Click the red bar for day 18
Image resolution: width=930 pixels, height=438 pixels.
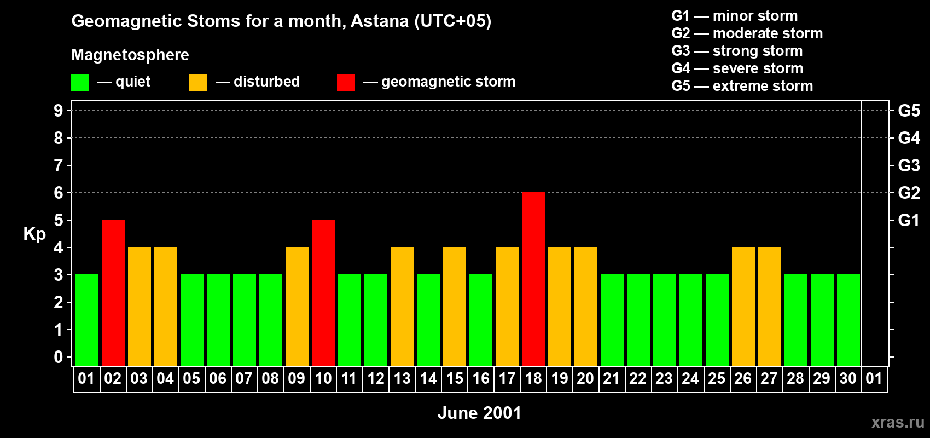(533, 279)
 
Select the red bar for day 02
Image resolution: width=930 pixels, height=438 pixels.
(113, 292)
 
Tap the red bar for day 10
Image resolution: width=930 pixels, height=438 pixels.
(323, 292)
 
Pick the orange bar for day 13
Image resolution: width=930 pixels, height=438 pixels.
(402, 306)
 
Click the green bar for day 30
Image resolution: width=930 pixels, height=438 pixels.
(848, 320)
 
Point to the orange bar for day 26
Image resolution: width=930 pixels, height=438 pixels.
(743, 306)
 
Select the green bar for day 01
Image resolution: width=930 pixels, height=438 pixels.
(87, 320)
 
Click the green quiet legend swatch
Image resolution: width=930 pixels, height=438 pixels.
(80, 82)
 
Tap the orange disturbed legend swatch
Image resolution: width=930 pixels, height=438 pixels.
(198, 82)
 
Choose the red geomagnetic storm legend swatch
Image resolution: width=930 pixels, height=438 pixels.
(346, 82)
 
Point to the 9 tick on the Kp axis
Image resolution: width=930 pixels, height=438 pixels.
(58, 111)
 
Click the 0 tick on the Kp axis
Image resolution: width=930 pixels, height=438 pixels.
(58, 357)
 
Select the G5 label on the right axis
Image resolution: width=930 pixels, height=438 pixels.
(909, 111)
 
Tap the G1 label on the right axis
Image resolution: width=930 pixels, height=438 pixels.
(909, 220)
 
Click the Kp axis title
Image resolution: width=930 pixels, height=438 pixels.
(34, 234)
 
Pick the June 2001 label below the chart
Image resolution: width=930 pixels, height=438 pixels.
(480, 413)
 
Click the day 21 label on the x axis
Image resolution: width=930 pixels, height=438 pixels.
(611, 378)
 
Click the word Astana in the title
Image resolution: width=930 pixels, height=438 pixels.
(380, 21)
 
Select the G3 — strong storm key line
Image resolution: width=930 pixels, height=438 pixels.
(737, 51)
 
